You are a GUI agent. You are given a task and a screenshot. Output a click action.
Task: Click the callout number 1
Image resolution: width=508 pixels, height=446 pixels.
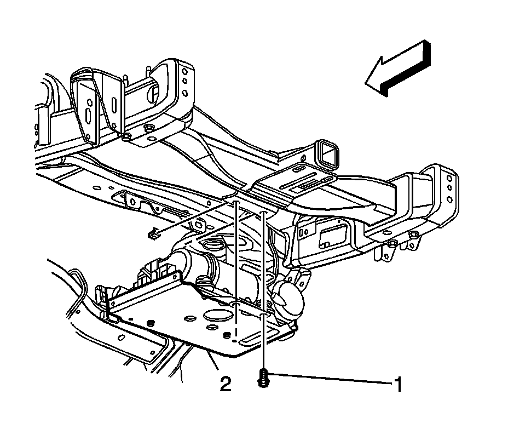click(399, 384)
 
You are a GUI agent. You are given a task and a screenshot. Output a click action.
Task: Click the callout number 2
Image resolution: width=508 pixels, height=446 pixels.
click(225, 383)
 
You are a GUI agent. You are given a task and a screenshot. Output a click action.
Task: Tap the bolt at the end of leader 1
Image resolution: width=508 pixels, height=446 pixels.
click(262, 379)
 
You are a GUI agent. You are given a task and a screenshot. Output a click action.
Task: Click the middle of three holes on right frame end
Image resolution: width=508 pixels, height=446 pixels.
click(449, 188)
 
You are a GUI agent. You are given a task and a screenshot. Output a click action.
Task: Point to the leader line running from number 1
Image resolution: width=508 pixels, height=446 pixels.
click(328, 378)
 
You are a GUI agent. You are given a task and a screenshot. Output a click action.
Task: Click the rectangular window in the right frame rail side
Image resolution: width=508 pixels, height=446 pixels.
click(331, 235)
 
